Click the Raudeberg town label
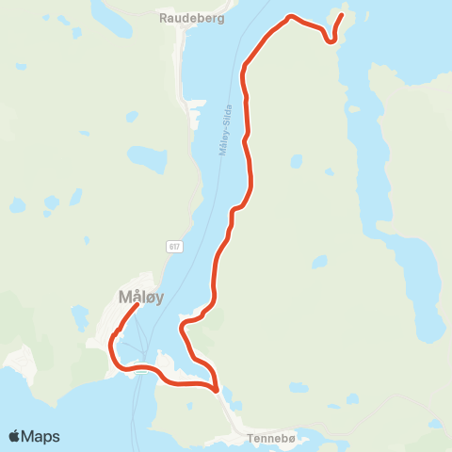192,17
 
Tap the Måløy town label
141,298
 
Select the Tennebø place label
271,439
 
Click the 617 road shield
175,247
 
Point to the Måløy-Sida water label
225,131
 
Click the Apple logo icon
14,436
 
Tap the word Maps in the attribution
41,436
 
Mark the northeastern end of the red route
341,14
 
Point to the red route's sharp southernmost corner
216,389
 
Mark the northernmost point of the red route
291,16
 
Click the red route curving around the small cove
188,325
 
